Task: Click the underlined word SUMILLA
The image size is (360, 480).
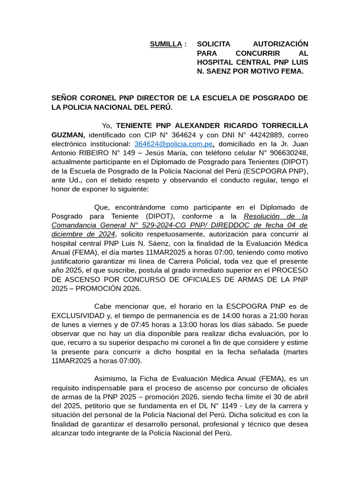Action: (165, 44)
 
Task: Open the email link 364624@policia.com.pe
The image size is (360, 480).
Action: (173, 144)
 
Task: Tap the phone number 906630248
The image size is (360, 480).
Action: (292, 153)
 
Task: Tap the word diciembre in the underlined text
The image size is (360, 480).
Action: (67, 234)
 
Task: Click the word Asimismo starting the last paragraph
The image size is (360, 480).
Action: (111, 378)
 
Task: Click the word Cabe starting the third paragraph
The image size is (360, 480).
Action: (103, 306)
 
